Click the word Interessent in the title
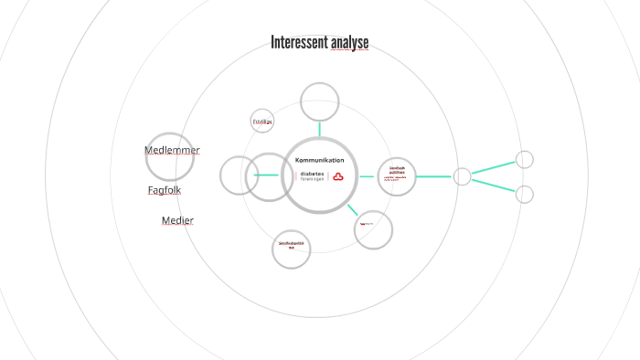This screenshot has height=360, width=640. click(x=299, y=43)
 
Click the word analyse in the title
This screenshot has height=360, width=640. click(x=350, y=43)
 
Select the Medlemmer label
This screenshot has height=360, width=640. click(x=172, y=150)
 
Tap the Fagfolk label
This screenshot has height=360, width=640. click(x=165, y=190)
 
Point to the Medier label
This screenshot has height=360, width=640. click(x=177, y=220)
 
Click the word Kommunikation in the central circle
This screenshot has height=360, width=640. click(x=319, y=160)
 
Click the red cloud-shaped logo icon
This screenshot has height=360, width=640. click(x=337, y=176)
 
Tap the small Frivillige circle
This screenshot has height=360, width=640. click(x=262, y=122)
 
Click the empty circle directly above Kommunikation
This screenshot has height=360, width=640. click(x=320, y=101)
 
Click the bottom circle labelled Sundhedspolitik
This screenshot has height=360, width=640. click(x=292, y=248)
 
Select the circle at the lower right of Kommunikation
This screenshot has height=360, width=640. click(x=372, y=229)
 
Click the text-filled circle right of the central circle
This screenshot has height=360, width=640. click(x=397, y=176)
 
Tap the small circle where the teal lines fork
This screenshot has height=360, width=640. click(x=462, y=176)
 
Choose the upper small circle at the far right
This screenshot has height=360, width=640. click(x=525, y=159)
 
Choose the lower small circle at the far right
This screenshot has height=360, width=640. click(x=525, y=194)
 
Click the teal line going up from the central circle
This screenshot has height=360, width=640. click(x=320, y=128)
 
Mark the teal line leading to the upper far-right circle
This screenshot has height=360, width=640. click(x=494, y=167)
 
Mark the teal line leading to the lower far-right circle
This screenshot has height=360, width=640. click(x=494, y=185)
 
